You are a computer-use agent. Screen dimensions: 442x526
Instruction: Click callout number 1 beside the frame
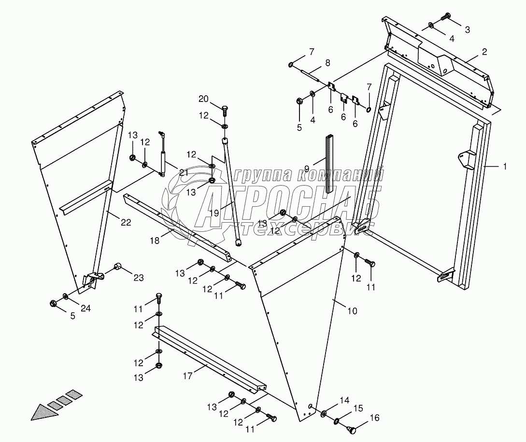pyautogui.click(x=504, y=166)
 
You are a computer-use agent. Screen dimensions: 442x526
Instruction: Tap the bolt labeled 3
pyautogui.click(x=446, y=18)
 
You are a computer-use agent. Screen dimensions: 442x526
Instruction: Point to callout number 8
pyautogui.click(x=327, y=62)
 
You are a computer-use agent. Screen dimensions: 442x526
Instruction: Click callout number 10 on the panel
pyautogui.click(x=352, y=311)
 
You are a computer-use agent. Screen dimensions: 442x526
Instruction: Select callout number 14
pyautogui.click(x=343, y=400)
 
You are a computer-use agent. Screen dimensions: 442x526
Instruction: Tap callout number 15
pyautogui.click(x=358, y=408)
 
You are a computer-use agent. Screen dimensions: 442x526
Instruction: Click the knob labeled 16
pyautogui.click(x=352, y=428)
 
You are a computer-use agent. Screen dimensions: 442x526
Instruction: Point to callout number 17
pyautogui.click(x=187, y=374)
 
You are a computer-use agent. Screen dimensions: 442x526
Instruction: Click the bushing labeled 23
pyautogui.click(x=117, y=267)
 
